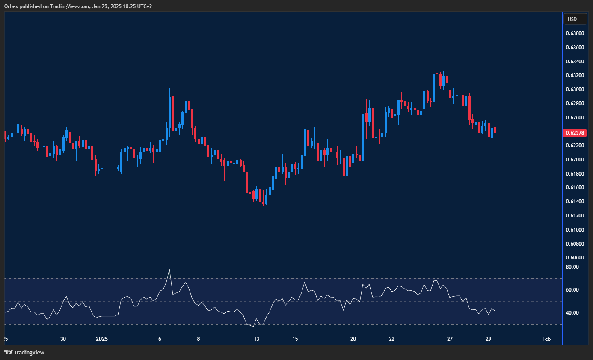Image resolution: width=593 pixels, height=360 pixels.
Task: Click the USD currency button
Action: [x=572, y=19]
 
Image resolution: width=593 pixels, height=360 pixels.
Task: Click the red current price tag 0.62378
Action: [x=575, y=133]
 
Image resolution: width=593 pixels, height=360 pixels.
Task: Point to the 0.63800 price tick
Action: [x=575, y=33]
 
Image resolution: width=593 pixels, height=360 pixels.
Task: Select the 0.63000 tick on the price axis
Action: [x=575, y=89]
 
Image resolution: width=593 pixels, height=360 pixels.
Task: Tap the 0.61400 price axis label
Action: [x=575, y=201]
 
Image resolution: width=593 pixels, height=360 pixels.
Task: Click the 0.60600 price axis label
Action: [x=575, y=257]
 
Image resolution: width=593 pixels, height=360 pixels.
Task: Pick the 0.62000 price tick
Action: [x=575, y=159]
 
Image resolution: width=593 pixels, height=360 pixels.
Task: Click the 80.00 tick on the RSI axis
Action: [x=572, y=267]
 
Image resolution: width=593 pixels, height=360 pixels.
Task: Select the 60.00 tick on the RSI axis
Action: [x=572, y=290]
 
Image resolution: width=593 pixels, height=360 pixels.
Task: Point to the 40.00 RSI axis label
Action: [x=572, y=313]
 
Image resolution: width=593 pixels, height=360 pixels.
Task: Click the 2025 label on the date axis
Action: [x=102, y=339]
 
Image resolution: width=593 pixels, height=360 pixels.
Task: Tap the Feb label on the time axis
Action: [x=546, y=339]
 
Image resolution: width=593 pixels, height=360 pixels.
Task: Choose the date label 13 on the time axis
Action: [x=256, y=339]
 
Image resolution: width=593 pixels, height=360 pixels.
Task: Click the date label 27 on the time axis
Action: [x=450, y=339]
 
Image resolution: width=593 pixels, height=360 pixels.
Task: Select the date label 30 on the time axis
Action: [x=63, y=339]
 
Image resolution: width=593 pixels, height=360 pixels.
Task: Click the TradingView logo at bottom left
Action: [x=24, y=353]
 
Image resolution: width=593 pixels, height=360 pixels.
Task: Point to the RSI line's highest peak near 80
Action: [x=169, y=269]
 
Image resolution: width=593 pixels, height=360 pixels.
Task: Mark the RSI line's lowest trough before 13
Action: [x=253, y=327]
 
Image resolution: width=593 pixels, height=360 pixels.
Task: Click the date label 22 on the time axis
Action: [x=392, y=339]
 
